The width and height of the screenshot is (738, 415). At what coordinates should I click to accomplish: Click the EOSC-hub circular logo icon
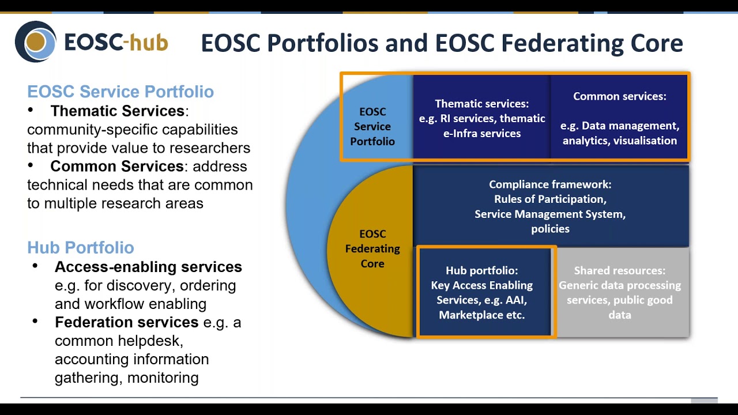tap(36, 41)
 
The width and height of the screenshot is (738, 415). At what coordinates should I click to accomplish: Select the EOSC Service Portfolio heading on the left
tap(121, 92)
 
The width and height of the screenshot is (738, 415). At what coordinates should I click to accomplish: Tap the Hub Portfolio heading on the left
tap(81, 248)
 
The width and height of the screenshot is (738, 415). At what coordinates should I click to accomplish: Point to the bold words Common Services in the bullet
tap(117, 167)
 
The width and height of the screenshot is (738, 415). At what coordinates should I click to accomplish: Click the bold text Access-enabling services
tap(148, 267)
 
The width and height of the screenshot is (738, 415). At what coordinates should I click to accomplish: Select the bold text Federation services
tap(126, 322)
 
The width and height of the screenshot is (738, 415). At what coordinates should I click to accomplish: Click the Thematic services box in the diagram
tap(481, 118)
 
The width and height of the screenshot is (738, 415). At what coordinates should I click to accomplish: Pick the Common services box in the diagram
tap(619, 118)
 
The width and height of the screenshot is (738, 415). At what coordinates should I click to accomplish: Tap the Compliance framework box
tap(550, 206)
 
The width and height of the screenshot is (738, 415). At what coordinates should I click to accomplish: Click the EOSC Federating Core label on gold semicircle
tap(372, 249)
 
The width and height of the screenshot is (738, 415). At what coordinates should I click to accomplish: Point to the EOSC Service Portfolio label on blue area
tap(372, 126)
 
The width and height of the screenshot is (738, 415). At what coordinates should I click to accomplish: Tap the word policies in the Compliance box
tap(550, 229)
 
